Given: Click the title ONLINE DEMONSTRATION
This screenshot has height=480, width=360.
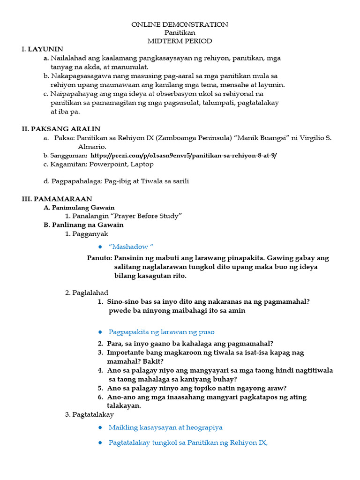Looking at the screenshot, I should coord(180,24).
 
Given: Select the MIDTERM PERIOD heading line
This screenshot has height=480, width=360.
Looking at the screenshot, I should coord(180,41).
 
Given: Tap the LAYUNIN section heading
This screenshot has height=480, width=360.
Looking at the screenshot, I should coord(45,49).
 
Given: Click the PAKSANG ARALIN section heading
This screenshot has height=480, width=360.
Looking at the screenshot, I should coord(65,129).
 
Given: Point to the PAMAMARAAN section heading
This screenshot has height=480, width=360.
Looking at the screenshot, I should coord(61,199).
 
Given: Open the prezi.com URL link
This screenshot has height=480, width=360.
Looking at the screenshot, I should coord(184,155).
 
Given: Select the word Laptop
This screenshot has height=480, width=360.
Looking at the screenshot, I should coord(142,164).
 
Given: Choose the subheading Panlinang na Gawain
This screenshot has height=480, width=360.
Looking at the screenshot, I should coord(87,225).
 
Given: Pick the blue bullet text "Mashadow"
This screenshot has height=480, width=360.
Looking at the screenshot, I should coord(131,247).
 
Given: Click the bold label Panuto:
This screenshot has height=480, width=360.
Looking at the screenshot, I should coord(99,258).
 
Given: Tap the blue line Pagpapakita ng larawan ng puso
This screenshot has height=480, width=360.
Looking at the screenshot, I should coord(161,332).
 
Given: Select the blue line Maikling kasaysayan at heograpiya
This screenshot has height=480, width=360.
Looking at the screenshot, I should coord(165,427).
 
